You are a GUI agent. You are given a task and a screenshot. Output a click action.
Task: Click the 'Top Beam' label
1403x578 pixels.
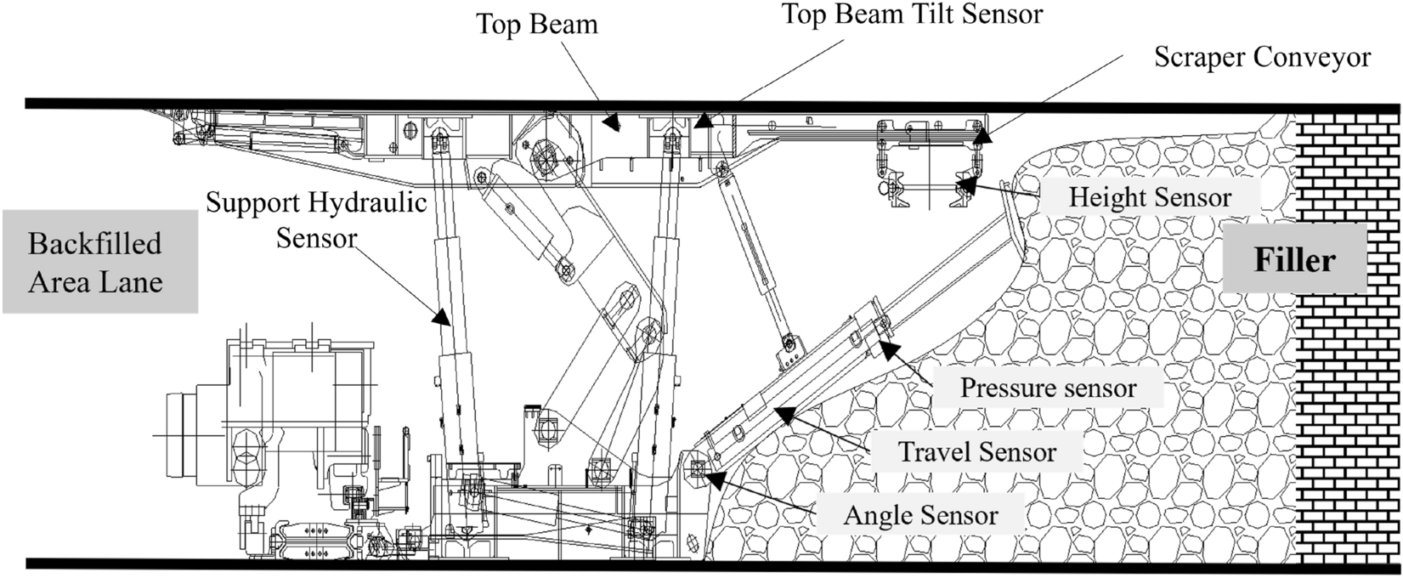tap(536, 23)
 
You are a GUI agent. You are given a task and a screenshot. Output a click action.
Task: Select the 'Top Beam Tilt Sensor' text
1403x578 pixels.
tap(911, 14)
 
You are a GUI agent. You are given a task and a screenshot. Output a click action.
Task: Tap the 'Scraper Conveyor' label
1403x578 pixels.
tap(1262, 57)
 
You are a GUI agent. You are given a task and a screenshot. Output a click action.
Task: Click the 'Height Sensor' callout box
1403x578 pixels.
tap(1149, 198)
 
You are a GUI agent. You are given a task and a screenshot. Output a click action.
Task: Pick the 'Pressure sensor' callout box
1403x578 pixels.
tap(1047, 388)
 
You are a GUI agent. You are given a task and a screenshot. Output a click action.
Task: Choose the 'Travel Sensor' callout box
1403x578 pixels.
tap(977, 451)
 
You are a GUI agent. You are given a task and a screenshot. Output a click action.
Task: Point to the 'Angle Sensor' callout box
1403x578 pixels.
tap(919, 515)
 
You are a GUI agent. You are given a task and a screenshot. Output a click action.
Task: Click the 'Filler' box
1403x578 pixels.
tap(1294, 260)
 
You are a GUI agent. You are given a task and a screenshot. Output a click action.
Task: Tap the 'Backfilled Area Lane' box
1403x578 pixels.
tap(99, 262)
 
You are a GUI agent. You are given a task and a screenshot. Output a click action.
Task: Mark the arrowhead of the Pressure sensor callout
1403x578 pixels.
tap(887, 348)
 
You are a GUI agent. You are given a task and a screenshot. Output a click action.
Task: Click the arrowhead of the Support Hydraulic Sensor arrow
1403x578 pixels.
tap(442, 317)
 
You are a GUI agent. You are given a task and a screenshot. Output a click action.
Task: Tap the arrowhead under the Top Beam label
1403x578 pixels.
tap(612, 123)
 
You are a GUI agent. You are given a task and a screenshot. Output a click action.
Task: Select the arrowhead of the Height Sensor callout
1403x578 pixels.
tap(966, 178)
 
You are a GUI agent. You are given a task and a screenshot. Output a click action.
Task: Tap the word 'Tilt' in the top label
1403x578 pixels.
tap(922, 14)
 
